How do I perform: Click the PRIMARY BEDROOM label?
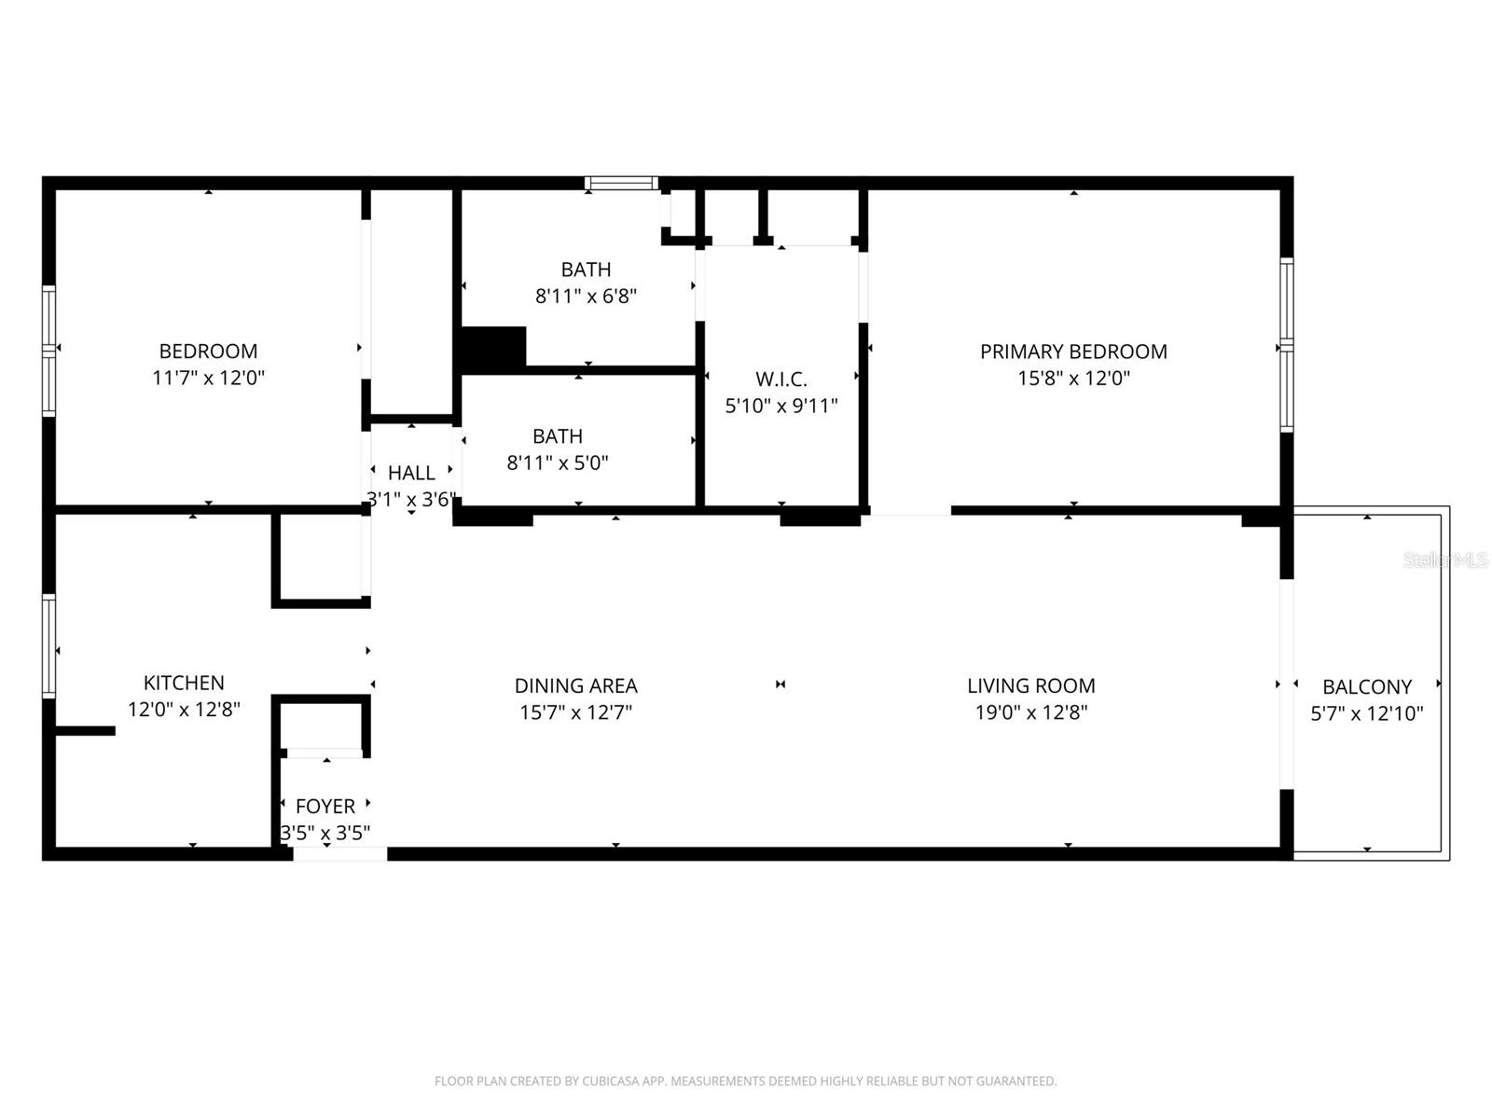1072,352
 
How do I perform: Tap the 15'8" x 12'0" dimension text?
1072,379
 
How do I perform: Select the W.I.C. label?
781,379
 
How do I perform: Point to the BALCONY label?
1366,687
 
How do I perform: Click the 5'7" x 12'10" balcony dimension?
1366,714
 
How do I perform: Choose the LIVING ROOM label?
1030,686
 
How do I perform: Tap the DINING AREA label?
575,686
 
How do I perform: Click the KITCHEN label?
184,683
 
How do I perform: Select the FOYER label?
325,806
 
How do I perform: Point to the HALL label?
410,473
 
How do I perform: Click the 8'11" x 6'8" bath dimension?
586,297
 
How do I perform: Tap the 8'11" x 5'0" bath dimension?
557,463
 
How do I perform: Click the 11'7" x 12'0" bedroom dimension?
208,379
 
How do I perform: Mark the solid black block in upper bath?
493,347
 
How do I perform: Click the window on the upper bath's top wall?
621,183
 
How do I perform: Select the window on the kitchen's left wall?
48,646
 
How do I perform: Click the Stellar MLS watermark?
1445,559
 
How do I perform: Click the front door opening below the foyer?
339,853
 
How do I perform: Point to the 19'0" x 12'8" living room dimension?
1030,713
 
